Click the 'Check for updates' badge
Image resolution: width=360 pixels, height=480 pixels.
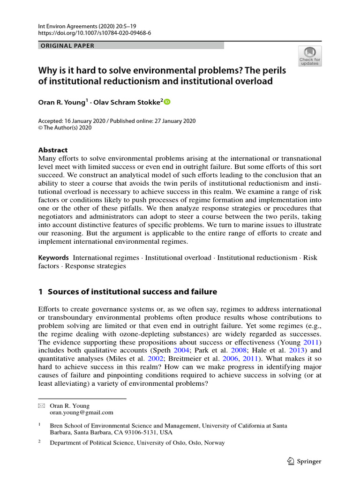310,56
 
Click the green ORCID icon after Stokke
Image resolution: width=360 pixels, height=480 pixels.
168,102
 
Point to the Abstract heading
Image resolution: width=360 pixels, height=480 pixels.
52,150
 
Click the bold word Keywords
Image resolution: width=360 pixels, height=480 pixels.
53,258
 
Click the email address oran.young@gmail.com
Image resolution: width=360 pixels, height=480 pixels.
82,412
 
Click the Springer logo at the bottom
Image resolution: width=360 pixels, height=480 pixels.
304,461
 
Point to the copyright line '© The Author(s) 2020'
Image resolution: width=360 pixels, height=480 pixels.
65,127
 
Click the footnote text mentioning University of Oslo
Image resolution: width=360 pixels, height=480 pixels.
137,442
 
